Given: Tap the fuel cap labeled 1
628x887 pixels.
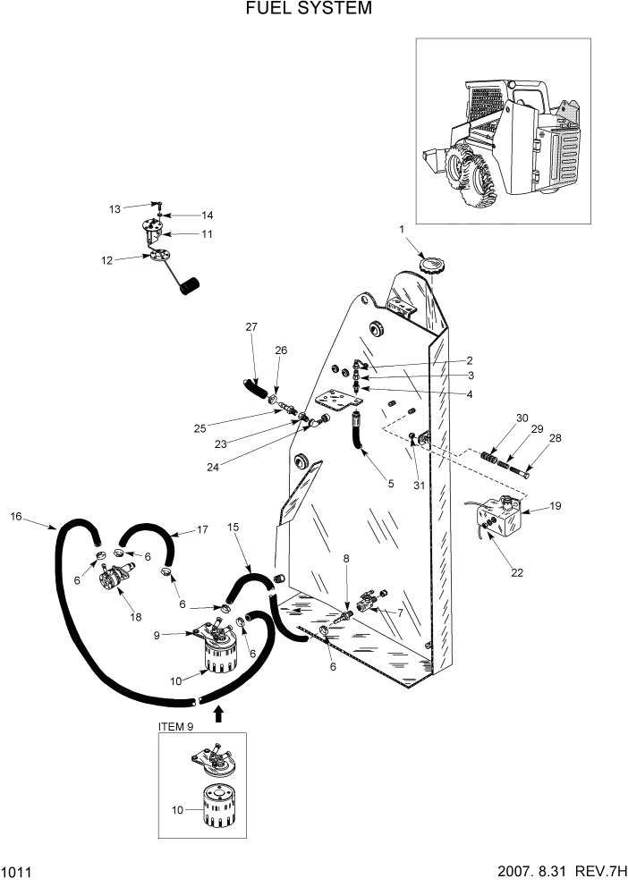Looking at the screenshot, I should (432, 266).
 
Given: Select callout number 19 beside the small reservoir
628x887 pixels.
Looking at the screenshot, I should (555, 506).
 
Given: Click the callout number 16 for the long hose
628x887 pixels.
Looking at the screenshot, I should (16, 517).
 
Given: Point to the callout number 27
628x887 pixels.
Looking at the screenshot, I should (251, 328).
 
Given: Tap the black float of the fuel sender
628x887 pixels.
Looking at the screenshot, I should (189, 285).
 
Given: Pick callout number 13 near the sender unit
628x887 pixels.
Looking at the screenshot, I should (115, 209).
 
